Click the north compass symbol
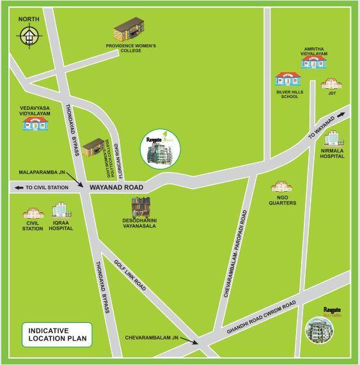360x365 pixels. click(x=29, y=36)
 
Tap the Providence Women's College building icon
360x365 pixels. click(x=126, y=31)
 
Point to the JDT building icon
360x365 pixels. click(x=332, y=84)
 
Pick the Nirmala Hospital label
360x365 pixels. click(x=333, y=153)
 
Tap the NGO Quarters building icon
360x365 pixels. click(x=282, y=188)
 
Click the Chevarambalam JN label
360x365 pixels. click(x=152, y=336)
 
